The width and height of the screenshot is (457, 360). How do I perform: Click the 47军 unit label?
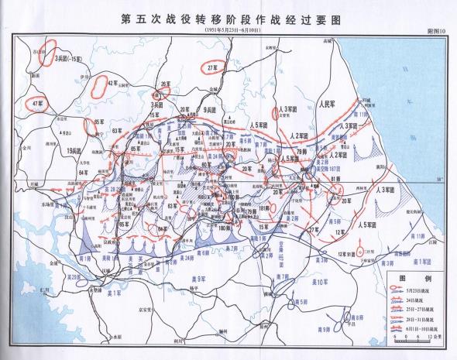[x=36, y=101]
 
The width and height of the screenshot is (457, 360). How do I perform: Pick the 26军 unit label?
[x=164, y=83]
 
